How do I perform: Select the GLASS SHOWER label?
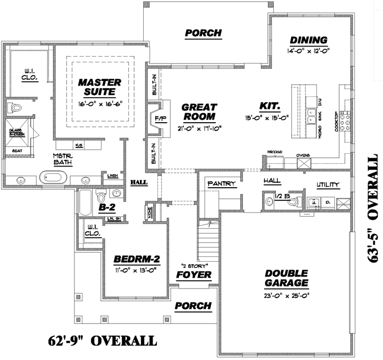coord(16,132)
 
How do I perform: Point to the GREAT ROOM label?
coord(199,112)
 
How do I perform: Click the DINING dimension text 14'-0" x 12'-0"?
coord(309,52)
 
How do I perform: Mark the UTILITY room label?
coord(329,184)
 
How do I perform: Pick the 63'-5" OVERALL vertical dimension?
coord(372,209)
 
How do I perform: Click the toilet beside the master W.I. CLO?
coord(15,108)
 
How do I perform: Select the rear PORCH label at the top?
coord(203,33)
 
